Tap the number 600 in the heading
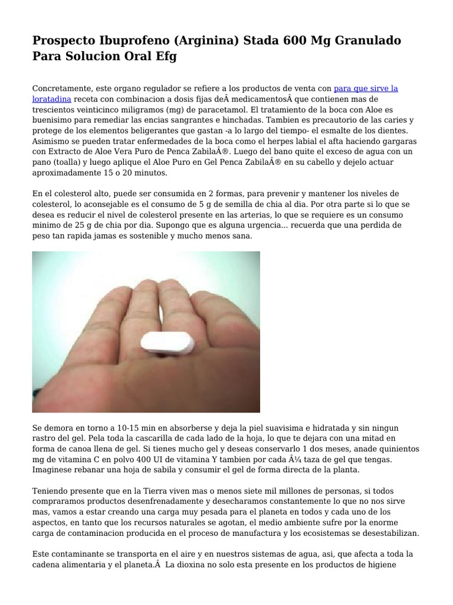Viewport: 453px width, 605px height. (298, 41)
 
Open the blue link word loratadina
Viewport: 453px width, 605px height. (52, 99)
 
